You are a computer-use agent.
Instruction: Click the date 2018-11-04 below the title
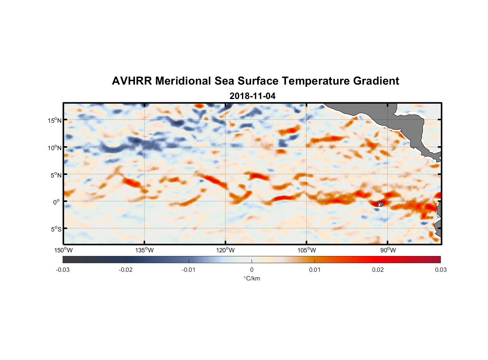252,96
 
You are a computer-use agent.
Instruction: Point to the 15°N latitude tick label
55,120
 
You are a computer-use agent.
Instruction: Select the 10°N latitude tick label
55,148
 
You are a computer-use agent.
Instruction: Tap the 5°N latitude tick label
56,175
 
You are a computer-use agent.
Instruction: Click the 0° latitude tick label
57,202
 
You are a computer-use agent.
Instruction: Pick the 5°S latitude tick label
56,229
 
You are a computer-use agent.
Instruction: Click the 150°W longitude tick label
64,250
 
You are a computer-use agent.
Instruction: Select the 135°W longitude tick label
145,250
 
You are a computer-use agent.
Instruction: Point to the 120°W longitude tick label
226,250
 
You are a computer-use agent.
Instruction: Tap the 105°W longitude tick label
307,250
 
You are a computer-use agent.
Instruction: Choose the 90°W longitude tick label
388,250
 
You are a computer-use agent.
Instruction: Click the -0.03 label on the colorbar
63,270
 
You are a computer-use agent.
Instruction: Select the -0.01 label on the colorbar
189,270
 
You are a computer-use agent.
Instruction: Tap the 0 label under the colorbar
252,270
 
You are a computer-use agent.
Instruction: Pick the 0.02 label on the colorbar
378,270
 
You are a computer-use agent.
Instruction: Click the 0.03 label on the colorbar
441,270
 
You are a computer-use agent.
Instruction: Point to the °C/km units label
252,278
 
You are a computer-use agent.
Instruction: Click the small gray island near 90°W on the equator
381,204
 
